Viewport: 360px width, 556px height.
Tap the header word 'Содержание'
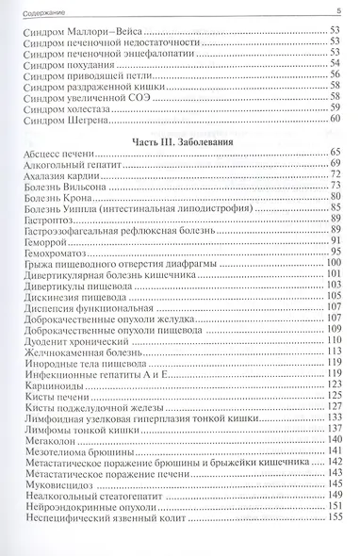pyautogui.click(x=44, y=9)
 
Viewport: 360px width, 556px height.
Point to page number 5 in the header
pyautogui.click(x=337, y=9)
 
